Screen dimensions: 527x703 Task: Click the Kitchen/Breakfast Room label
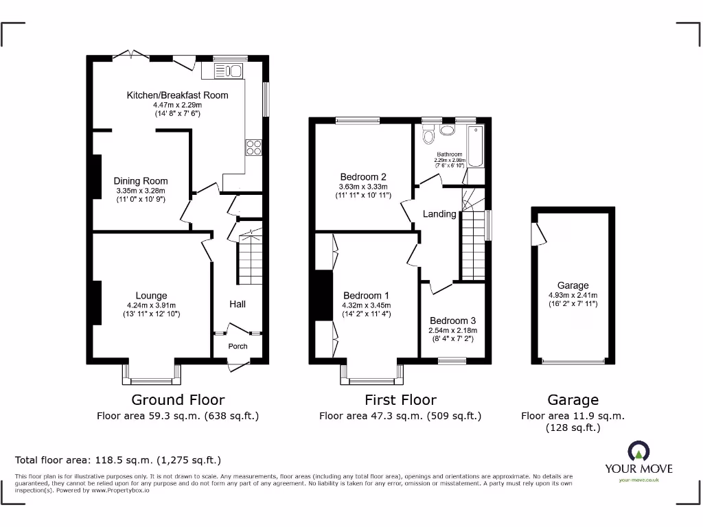point(177,95)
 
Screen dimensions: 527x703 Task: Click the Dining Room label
point(141,181)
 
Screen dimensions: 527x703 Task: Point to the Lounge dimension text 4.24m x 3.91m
point(152,305)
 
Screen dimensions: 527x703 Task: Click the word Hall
point(237,304)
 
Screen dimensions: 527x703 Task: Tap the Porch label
point(238,346)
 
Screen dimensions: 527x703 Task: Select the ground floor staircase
point(251,261)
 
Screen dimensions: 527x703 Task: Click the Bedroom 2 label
point(363,176)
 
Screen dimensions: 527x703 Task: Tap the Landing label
point(439,214)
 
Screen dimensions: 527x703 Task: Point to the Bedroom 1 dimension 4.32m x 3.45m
point(366,305)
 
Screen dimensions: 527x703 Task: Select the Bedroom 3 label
point(452,320)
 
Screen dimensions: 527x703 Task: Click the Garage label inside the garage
point(573,285)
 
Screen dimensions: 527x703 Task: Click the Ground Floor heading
point(178,399)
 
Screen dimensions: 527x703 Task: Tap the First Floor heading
point(400,399)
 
